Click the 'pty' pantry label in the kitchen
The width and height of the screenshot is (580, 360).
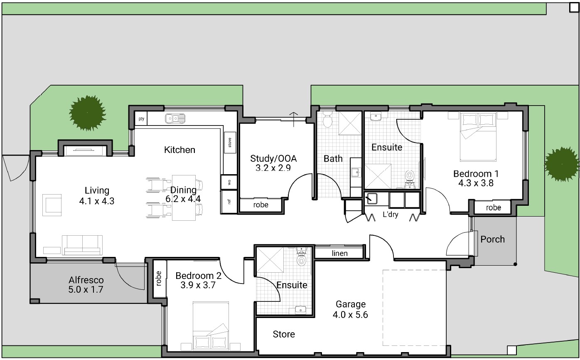(141, 119)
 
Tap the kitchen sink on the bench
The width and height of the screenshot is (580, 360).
(175, 119)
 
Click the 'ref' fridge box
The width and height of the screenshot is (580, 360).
(229, 202)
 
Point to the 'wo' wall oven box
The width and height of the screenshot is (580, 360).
(229, 182)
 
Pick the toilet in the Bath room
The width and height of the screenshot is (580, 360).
(328, 120)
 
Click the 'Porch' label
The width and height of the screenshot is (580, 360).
(492, 239)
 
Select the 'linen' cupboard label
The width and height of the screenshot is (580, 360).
(339, 254)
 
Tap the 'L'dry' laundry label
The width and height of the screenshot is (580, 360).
(390, 215)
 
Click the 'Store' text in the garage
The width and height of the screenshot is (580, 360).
(284, 334)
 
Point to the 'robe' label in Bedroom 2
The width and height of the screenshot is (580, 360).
(159, 279)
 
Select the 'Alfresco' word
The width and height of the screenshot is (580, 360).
(86, 280)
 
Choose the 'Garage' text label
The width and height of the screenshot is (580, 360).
(350, 304)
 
